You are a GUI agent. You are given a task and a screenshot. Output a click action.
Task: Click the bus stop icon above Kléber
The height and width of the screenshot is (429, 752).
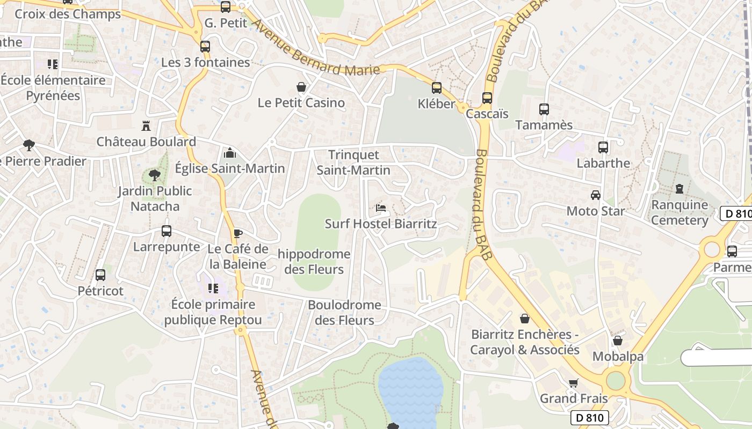[x=437, y=87]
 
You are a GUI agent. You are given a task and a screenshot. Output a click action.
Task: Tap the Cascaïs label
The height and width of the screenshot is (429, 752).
[x=487, y=114]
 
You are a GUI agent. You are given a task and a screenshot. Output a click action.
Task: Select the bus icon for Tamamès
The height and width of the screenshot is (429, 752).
[x=544, y=109]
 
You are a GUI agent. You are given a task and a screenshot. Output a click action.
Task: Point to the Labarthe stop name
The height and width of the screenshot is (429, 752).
[x=603, y=163]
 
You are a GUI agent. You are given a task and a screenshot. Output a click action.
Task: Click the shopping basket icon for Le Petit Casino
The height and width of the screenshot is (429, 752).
[x=301, y=87]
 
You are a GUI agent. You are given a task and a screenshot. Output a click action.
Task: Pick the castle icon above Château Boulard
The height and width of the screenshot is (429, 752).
[x=146, y=126]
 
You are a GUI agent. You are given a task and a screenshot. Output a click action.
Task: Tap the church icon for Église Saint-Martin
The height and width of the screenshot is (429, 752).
[x=230, y=153]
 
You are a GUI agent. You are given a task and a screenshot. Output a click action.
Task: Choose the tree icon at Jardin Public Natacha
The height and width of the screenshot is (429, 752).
[x=155, y=175]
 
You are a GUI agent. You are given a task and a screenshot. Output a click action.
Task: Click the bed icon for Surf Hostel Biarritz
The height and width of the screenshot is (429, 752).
[x=380, y=208]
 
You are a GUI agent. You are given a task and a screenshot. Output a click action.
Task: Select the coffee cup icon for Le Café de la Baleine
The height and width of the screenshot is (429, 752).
[x=237, y=233]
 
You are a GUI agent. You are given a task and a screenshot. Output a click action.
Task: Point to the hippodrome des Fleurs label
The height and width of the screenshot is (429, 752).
[x=314, y=261]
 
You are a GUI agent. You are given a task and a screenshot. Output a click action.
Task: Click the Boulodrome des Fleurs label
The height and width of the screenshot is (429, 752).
[x=344, y=312]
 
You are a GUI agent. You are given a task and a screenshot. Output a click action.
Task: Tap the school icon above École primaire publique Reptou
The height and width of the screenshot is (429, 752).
[x=213, y=289]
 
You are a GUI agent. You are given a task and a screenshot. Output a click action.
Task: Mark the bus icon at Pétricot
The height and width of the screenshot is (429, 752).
[x=100, y=275]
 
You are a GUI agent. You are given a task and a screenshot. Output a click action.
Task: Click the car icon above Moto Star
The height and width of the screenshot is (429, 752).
[x=595, y=195]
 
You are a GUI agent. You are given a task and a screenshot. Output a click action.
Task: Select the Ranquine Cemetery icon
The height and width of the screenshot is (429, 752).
[x=679, y=189]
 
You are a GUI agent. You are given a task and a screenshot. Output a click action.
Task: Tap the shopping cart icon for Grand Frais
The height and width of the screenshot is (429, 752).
[x=573, y=383]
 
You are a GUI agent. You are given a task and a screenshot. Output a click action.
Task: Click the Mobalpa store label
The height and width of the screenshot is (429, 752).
[x=618, y=357]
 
